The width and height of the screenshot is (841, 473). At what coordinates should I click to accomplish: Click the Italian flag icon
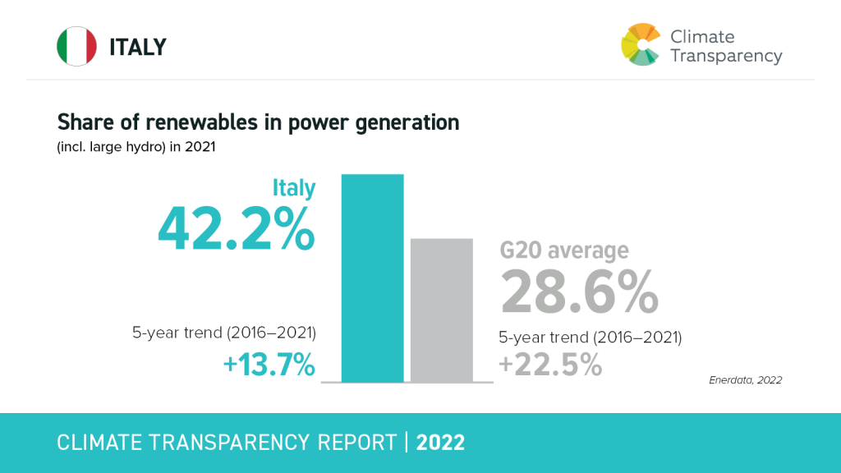point(76,47)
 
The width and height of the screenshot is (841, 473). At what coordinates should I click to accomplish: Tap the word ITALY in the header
point(138,48)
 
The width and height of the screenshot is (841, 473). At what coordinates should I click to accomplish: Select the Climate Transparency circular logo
point(641,44)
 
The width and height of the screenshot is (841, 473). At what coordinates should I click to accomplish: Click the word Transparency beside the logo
point(726,56)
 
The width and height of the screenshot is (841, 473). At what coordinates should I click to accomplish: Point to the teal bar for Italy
point(372,278)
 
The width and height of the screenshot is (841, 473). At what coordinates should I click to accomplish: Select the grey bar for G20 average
point(442,310)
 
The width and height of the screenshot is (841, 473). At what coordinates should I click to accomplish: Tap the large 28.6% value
point(579,292)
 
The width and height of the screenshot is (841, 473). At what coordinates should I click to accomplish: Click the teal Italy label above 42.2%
point(294,188)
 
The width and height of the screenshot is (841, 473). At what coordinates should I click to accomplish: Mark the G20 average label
point(564,250)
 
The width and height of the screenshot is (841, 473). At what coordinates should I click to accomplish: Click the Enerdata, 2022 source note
point(745,380)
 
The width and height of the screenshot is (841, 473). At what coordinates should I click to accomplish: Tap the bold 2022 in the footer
point(440,443)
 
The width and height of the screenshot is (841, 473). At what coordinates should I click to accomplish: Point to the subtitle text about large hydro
point(136,148)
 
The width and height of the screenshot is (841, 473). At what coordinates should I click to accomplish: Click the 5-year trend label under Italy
point(224,333)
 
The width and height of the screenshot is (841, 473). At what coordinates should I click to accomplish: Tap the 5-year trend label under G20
point(591,337)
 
